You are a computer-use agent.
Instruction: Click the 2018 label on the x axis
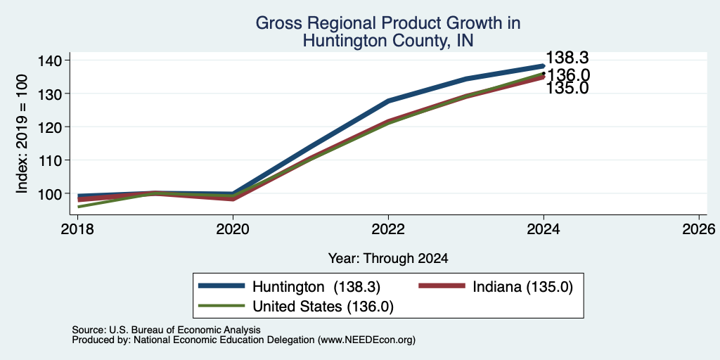pyautogui.click(x=77, y=229)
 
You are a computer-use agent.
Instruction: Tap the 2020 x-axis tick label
pyautogui.click(x=233, y=229)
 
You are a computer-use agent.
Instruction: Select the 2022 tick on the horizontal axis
pyautogui.click(x=388, y=229)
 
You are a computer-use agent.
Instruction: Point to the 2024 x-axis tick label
pyautogui.click(x=544, y=229)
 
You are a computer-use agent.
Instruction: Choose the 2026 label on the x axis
pyautogui.click(x=700, y=229)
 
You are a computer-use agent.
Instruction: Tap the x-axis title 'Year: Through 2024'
pyautogui.click(x=388, y=259)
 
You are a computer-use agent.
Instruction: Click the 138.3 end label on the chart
pyautogui.click(x=567, y=58)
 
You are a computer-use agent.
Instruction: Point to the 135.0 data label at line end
pyautogui.click(x=567, y=88)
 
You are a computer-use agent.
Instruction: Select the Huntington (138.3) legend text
pyautogui.click(x=316, y=287)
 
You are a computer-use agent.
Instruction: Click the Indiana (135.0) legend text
pyautogui.click(x=522, y=287)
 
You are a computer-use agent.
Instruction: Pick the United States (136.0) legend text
pyautogui.click(x=323, y=307)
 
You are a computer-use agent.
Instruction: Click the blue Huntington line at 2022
pyautogui.click(x=388, y=101)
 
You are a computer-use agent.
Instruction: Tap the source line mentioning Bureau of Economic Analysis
pyautogui.click(x=166, y=330)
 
